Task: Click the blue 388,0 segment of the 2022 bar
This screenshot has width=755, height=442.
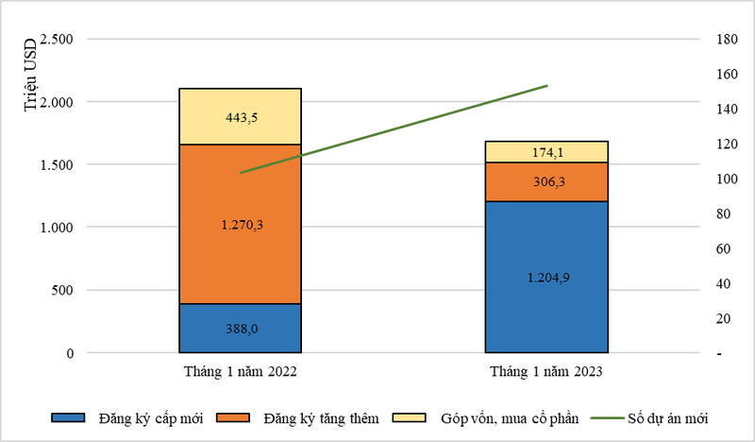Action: (240, 328)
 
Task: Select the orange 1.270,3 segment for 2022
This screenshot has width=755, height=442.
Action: (240, 224)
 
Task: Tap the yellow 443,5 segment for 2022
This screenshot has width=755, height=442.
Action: (240, 116)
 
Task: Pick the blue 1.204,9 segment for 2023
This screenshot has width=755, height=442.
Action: (546, 277)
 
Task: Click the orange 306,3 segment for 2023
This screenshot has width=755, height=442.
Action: (546, 181)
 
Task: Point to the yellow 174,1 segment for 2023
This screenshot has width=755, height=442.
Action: (546, 151)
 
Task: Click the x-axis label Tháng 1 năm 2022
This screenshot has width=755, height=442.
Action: (240, 372)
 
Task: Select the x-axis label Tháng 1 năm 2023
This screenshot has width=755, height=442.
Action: (546, 372)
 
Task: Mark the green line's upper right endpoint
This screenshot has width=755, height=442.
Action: (547, 86)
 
